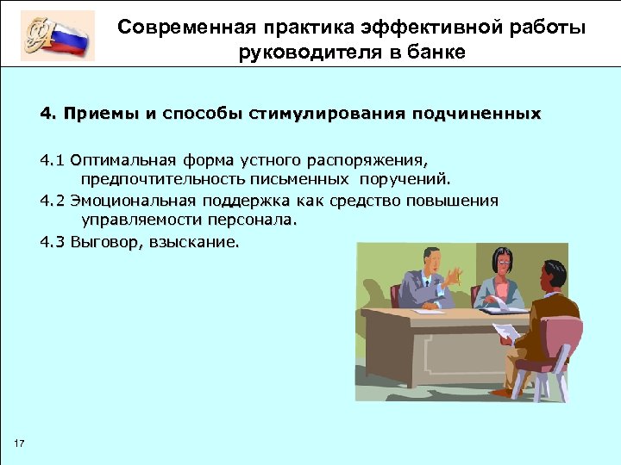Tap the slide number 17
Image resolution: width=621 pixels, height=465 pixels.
[x=21, y=443]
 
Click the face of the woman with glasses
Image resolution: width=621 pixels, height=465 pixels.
[x=499, y=261]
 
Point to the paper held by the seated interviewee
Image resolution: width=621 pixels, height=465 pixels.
[x=505, y=330]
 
